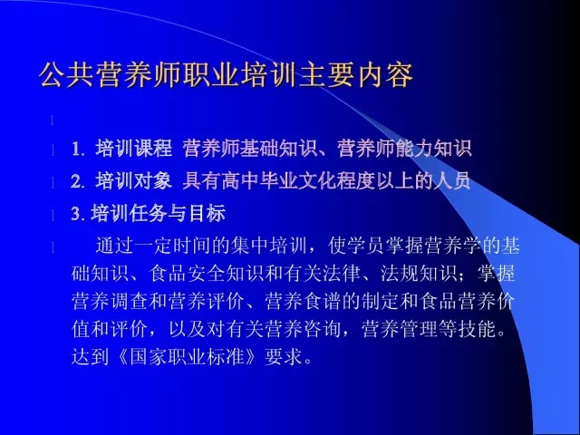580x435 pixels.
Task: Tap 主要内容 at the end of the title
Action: pyautogui.click(x=356, y=75)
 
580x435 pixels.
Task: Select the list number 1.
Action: pyautogui.click(x=77, y=150)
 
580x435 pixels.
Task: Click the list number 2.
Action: pyautogui.click(x=77, y=181)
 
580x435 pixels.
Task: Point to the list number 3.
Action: pyautogui.click(x=77, y=214)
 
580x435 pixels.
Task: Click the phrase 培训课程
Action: pyautogui.click(x=134, y=149)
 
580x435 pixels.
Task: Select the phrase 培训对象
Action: pyautogui.click(x=134, y=181)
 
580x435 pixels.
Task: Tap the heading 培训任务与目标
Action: pyautogui.click(x=158, y=214)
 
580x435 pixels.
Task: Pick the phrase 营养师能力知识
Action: pyautogui.click(x=404, y=149)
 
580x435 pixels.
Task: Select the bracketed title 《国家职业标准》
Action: pyautogui.click(x=187, y=357)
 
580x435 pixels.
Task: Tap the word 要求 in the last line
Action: pyautogui.click(x=284, y=357)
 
